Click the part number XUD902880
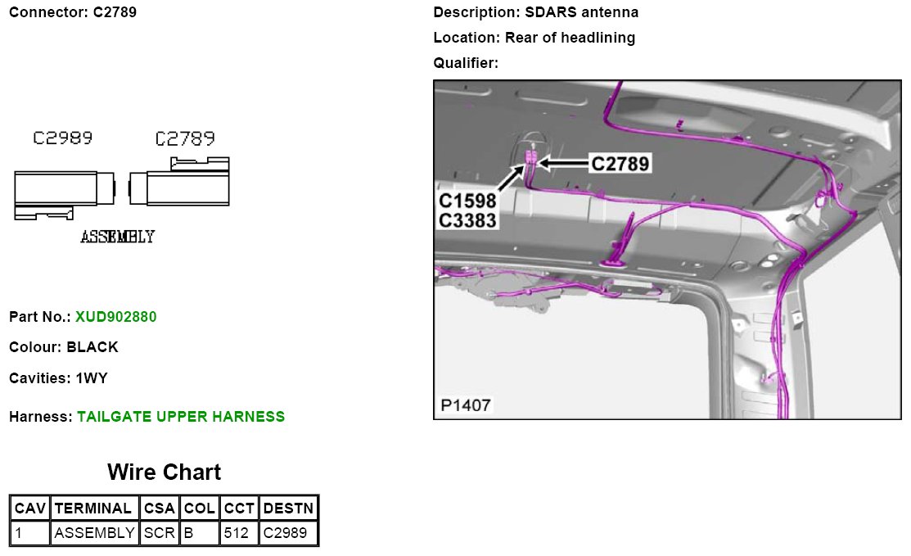115,316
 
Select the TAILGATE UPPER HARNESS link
181,417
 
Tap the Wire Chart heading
164,472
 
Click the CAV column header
30,509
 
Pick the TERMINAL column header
94,509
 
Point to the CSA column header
159,509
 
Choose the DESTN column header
288,509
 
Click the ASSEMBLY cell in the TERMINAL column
94,533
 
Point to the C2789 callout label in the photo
620,164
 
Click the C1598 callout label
467,201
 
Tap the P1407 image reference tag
466,405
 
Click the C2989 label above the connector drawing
62,138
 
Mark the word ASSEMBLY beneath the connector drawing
117,237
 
